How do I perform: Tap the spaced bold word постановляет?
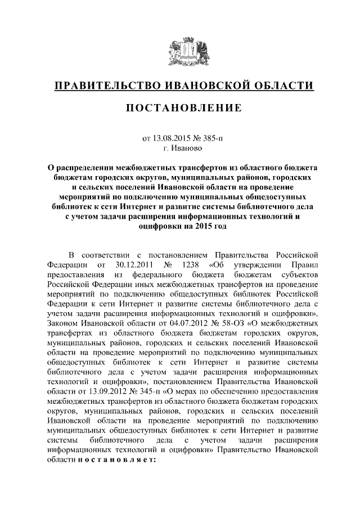(x=116, y=460)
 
